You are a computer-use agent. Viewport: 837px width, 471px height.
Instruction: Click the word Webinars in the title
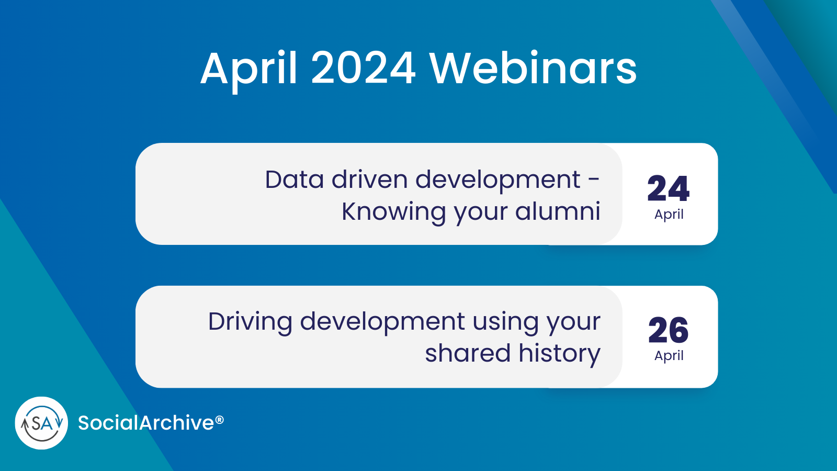pos(533,69)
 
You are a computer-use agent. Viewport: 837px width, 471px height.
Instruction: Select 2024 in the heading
pos(363,69)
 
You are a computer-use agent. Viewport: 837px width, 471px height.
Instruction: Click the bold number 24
pos(668,189)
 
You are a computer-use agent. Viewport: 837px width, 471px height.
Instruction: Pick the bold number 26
pos(668,330)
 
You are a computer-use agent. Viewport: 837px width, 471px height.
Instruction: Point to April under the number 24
pos(669,215)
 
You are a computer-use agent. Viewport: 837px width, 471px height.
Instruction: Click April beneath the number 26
pos(669,356)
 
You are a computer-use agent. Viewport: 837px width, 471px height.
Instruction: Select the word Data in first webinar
pos(294,180)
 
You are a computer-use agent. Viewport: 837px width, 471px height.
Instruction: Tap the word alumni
pos(558,211)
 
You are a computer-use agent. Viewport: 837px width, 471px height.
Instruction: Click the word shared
pos(467,353)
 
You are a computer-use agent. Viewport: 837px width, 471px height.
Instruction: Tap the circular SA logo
pos(42,423)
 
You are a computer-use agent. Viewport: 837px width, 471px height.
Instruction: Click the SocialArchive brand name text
pos(146,423)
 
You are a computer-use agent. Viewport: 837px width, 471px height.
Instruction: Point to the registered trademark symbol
pos(220,420)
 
